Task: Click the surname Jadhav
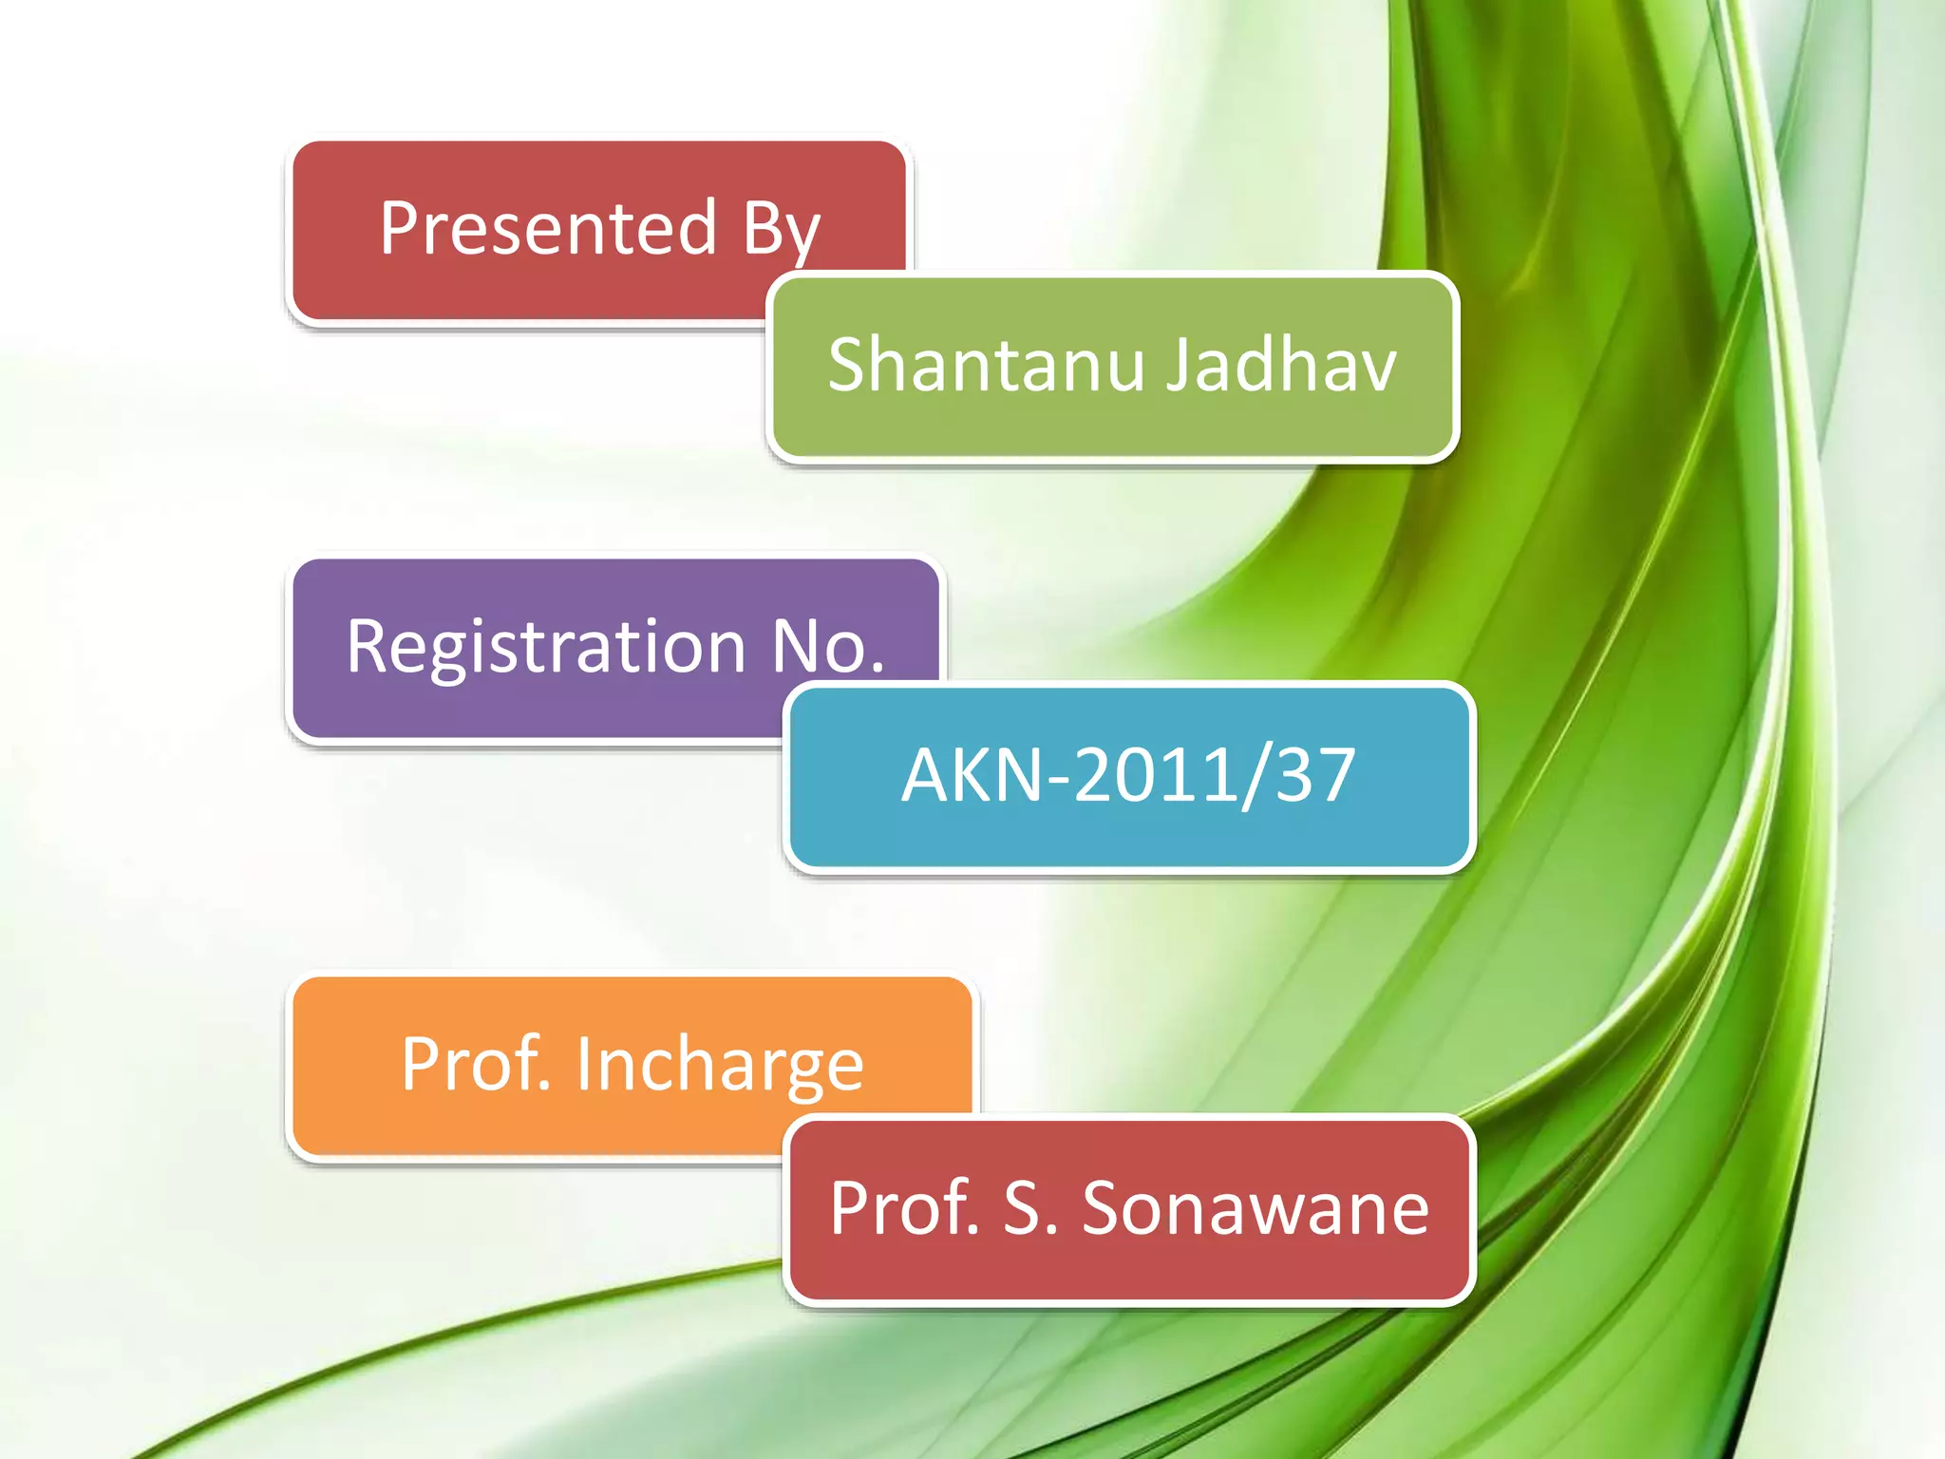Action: [1282, 365]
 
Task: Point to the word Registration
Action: [546, 648]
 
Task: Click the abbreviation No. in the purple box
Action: [828, 646]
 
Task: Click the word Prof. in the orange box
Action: [476, 1064]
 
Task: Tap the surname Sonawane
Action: [1255, 1208]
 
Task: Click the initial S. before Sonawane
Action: [1029, 1208]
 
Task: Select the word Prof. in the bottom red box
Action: [904, 1208]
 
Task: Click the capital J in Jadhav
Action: [1180, 365]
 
